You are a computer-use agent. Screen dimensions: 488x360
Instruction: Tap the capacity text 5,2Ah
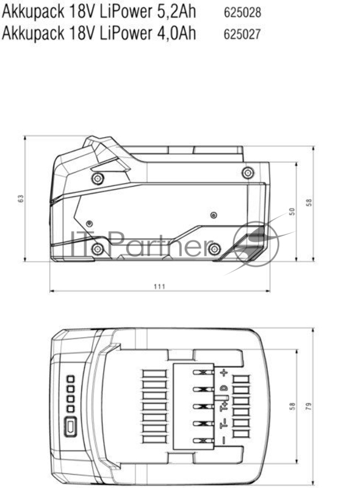pyautogui.click(x=174, y=13)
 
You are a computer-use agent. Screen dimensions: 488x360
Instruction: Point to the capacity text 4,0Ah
pyautogui.click(x=174, y=33)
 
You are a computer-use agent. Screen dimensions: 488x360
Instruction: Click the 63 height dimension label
pyautogui.click(x=21, y=199)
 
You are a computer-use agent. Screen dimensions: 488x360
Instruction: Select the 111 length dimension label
pyautogui.click(x=159, y=286)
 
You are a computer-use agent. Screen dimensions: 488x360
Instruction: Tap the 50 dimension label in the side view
pyautogui.click(x=292, y=211)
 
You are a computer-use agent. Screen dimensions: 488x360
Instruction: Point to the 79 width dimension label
pyautogui.click(x=309, y=406)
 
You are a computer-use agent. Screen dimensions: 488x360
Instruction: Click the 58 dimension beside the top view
pyautogui.click(x=292, y=406)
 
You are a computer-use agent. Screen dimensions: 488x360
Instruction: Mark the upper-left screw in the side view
pyautogui.click(x=98, y=179)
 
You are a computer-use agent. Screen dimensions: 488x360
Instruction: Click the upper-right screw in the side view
pyautogui.click(x=247, y=173)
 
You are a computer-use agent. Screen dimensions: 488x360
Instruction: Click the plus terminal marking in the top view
pyautogui.click(x=224, y=372)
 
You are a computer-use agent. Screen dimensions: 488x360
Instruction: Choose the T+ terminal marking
pyautogui.click(x=224, y=406)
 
